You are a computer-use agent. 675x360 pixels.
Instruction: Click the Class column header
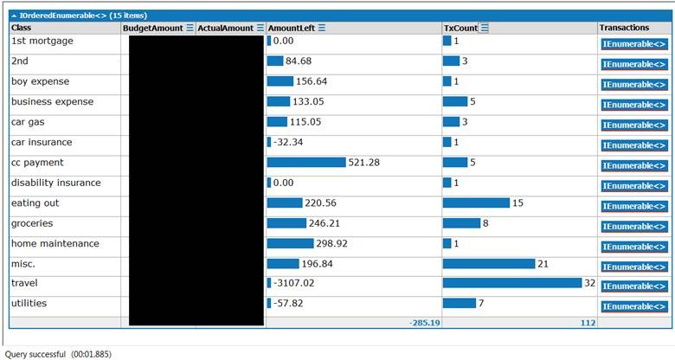tap(21, 28)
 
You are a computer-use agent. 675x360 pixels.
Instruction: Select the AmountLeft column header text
tap(292, 28)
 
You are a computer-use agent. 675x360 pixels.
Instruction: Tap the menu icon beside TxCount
tap(485, 28)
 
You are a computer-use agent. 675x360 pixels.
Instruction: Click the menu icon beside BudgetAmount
tap(190, 28)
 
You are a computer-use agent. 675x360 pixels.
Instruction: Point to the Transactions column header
tap(624, 28)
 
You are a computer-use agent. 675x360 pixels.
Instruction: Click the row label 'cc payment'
tap(37, 163)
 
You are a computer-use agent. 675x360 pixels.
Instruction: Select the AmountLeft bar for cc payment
tap(306, 163)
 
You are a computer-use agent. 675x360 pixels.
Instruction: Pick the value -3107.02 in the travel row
tap(293, 283)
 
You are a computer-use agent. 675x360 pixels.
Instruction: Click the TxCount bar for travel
tap(512, 283)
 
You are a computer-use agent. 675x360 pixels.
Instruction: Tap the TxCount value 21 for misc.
tap(543, 264)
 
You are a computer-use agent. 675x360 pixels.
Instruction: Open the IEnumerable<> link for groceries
tap(634, 227)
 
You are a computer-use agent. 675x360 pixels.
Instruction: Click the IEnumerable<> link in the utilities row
tap(634, 306)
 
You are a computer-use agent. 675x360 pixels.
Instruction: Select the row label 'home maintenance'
tap(55, 243)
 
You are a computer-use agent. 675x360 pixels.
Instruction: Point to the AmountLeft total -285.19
tap(425, 323)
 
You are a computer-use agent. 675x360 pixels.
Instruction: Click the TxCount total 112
tap(588, 323)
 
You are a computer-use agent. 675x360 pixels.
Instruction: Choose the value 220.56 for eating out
tap(320, 202)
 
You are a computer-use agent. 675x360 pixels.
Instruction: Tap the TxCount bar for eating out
tap(476, 202)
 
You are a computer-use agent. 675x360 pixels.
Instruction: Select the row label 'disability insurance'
tap(56, 183)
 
